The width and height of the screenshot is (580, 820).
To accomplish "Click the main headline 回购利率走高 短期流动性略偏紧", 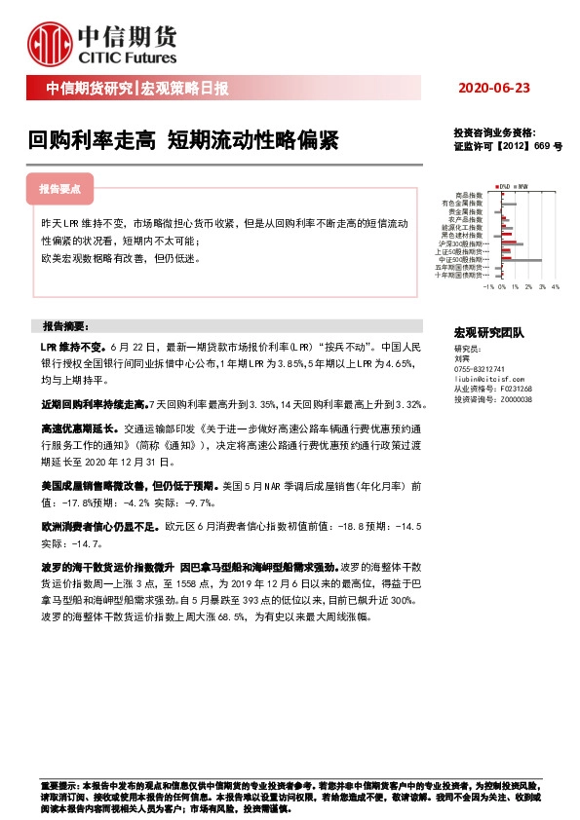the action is (183, 141).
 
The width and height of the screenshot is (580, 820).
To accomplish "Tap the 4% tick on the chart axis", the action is (555, 287).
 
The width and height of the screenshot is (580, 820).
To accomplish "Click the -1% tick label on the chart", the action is (487, 287).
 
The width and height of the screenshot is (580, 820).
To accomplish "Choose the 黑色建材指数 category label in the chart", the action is (461, 235).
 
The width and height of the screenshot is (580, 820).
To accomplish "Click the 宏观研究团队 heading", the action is (489, 332).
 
